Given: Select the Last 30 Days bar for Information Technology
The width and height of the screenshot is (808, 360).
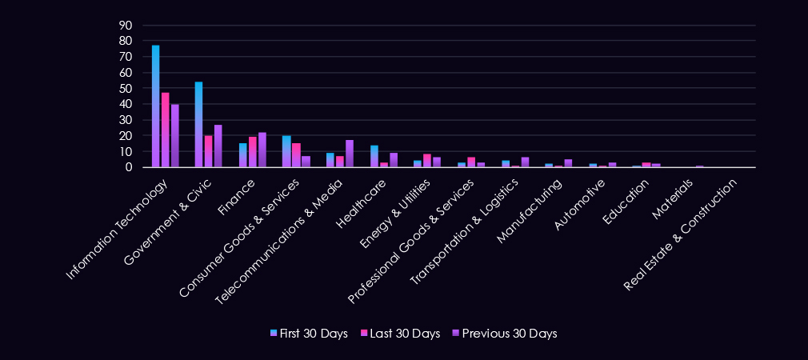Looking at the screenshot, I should coord(165,130).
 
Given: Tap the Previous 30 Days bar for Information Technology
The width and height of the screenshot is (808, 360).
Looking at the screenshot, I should coord(174,135).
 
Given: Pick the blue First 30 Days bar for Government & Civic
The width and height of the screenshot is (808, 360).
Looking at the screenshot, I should coord(198,125).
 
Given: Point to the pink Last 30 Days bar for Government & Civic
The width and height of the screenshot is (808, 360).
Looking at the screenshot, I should coord(208,151).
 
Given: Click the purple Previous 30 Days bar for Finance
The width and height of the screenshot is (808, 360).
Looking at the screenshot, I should coord(262,150).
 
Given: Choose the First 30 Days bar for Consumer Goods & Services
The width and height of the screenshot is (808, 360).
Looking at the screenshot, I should coord(286,151).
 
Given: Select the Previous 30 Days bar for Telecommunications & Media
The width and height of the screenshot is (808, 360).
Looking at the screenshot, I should coord(349,154).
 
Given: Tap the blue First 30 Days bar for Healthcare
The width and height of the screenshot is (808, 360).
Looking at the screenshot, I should coord(374,156).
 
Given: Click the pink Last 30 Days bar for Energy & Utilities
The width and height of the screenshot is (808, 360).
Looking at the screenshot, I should coord(427,161).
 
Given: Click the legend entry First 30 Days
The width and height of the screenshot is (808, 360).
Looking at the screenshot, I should coord(307,334).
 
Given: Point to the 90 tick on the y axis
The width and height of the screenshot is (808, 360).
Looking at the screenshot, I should coord(125,25).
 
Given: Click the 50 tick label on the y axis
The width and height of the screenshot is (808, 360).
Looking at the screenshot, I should coord(125,88).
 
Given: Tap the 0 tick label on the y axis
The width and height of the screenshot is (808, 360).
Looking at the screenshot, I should coord(129,167).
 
